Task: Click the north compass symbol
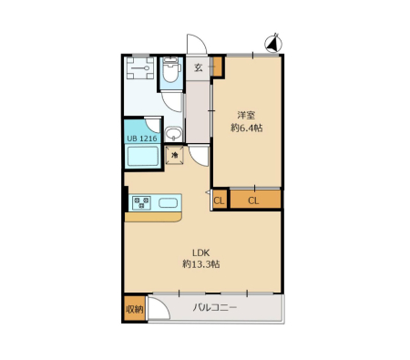(x=273, y=44)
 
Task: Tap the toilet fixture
(x=171, y=69)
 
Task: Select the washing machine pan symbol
(x=140, y=68)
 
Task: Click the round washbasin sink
(x=174, y=134)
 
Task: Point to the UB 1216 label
(x=142, y=139)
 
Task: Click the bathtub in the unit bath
(x=143, y=156)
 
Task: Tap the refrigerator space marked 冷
(x=175, y=155)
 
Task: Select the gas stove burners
(x=141, y=202)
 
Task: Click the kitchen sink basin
(x=167, y=202)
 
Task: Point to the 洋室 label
(x=246, y=115)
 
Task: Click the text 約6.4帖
(x=247, y=128)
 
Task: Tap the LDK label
(x=201, y=252)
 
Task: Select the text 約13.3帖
(x=201, y=264)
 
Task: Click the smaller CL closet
(x=220, y=200)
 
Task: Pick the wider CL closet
(x=255, y=200)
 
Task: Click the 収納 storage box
(x=135, y=309)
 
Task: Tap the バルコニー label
(x=215, y=308)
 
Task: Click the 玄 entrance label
(x=198, y=67)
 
